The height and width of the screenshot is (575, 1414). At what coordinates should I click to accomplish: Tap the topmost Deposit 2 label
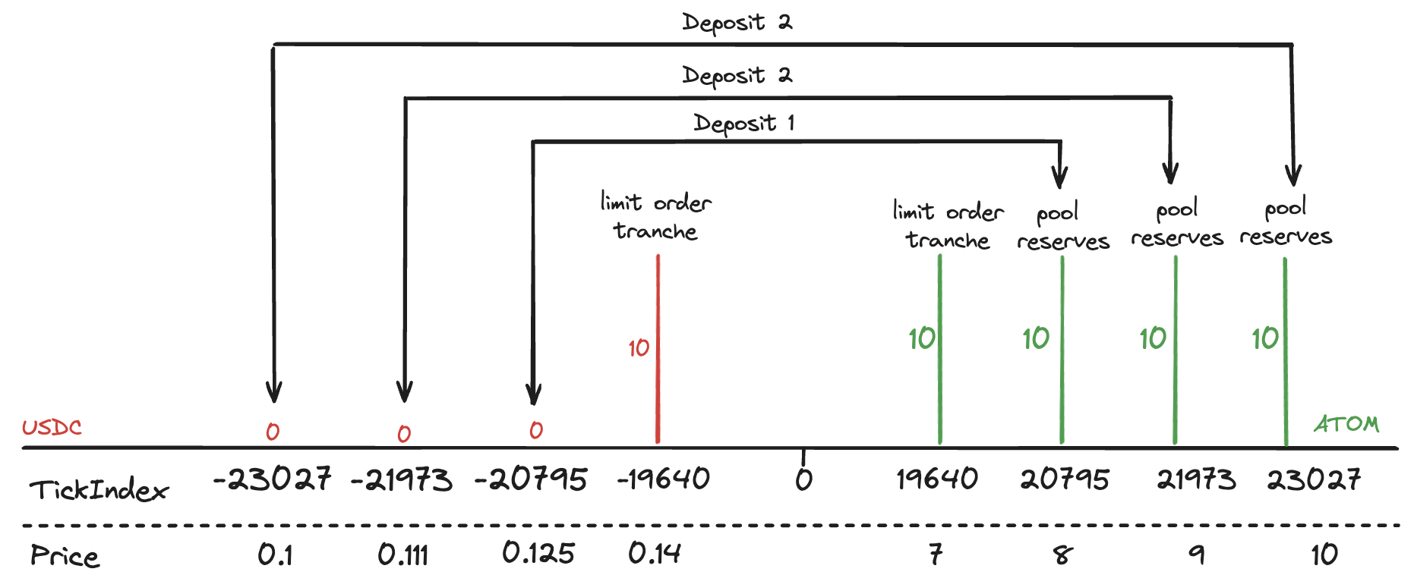737,23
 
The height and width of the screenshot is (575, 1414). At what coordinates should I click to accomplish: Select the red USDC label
52,428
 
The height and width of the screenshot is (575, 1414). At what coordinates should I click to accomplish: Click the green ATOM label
1346,424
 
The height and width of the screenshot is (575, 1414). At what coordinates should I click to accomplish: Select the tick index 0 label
803,479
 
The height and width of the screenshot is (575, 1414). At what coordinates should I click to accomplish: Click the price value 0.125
538,553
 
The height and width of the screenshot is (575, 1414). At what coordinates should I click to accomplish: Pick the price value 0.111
402,555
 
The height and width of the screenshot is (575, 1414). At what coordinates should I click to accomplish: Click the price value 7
936,555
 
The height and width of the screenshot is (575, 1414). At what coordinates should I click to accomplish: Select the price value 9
1197,555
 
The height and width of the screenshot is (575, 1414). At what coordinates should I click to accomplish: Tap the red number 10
639,348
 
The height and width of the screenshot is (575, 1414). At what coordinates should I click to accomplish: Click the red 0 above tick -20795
536,430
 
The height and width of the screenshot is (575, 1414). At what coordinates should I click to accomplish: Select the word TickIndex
99,490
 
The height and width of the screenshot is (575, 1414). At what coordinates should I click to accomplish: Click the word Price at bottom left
65,556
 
